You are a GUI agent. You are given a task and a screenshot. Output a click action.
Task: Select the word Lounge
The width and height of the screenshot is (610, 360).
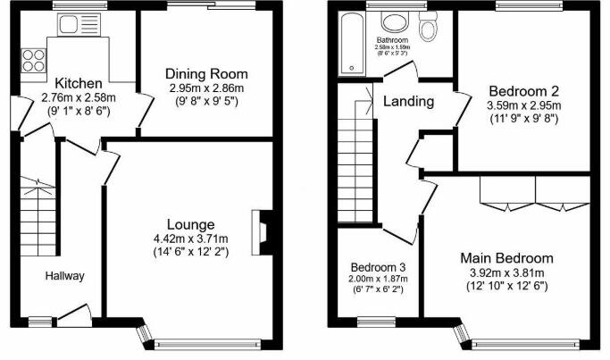point(189,223)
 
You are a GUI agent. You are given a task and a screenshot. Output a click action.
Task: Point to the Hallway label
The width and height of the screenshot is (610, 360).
point(65,276)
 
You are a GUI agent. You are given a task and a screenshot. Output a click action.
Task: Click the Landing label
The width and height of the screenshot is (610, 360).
point(408,102)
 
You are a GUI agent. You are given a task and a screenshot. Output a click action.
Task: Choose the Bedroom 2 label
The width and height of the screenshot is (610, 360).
point(523,90)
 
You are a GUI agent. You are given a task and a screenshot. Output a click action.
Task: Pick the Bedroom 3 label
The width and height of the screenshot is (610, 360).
point(378,267)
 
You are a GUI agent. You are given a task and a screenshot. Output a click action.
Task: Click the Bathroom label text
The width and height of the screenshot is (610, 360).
point(392,40)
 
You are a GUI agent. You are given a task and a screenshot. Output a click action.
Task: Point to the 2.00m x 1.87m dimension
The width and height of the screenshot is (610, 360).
point(378,279)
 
